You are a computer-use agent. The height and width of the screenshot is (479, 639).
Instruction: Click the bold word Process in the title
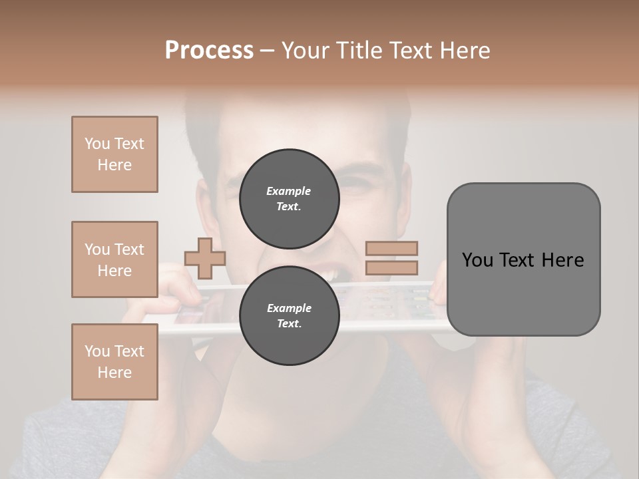pos(209,50)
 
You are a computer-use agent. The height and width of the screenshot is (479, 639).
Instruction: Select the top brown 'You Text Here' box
pos(114,154)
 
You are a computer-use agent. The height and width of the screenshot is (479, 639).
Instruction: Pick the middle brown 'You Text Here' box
pos(114,259)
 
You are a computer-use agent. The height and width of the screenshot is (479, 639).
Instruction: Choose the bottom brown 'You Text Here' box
pos(114,362)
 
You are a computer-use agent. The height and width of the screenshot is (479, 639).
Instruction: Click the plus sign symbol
pos(205,258)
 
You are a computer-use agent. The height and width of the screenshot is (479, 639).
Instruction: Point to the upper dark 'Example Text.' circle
pos(289,198)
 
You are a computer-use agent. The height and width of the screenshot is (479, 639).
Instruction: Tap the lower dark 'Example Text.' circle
pos(289,315)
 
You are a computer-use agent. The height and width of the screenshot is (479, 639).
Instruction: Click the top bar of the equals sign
pos(392,249)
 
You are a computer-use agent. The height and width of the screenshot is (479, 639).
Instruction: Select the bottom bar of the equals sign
pos(392,267)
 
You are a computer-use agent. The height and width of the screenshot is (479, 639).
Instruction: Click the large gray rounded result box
pos(523,259)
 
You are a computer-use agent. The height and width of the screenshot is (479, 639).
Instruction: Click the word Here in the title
pos(464,50)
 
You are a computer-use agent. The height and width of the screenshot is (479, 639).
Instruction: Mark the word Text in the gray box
pos(523,259)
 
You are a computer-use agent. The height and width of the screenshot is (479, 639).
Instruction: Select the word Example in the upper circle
pos(289,191)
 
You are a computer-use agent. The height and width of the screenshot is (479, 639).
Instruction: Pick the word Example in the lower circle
pos(289,308)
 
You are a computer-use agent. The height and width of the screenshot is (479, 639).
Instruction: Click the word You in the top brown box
pos(97,144)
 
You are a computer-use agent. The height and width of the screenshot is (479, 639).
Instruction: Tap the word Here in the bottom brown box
pos(114,373)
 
